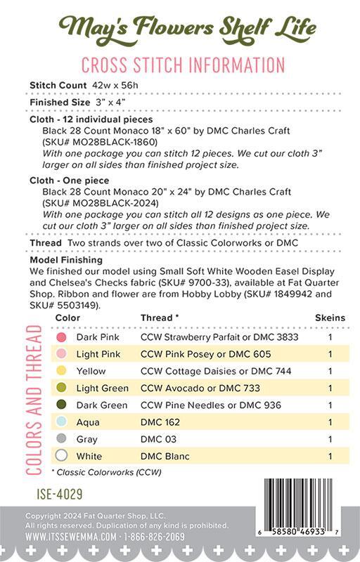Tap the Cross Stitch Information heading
tap(182, 65)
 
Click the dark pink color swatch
tap(61, 337)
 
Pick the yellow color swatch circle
tap(61, 371)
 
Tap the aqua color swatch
tap(61, 421)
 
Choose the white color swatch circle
tap(61, 455)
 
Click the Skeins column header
tap(330, 318)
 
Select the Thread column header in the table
tap(160, 318)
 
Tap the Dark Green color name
tap(102, 405)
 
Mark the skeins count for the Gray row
tap(330, 438)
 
